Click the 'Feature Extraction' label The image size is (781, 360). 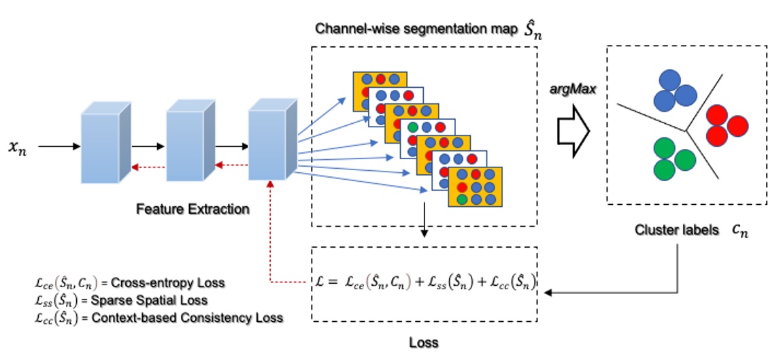[193, 209]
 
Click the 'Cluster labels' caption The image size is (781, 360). [676, 230]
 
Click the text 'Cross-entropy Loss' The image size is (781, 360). [167, 282]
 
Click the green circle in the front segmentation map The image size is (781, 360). [462, 199]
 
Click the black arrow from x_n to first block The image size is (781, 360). [58, 146]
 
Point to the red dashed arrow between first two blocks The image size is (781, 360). [148, 165]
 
